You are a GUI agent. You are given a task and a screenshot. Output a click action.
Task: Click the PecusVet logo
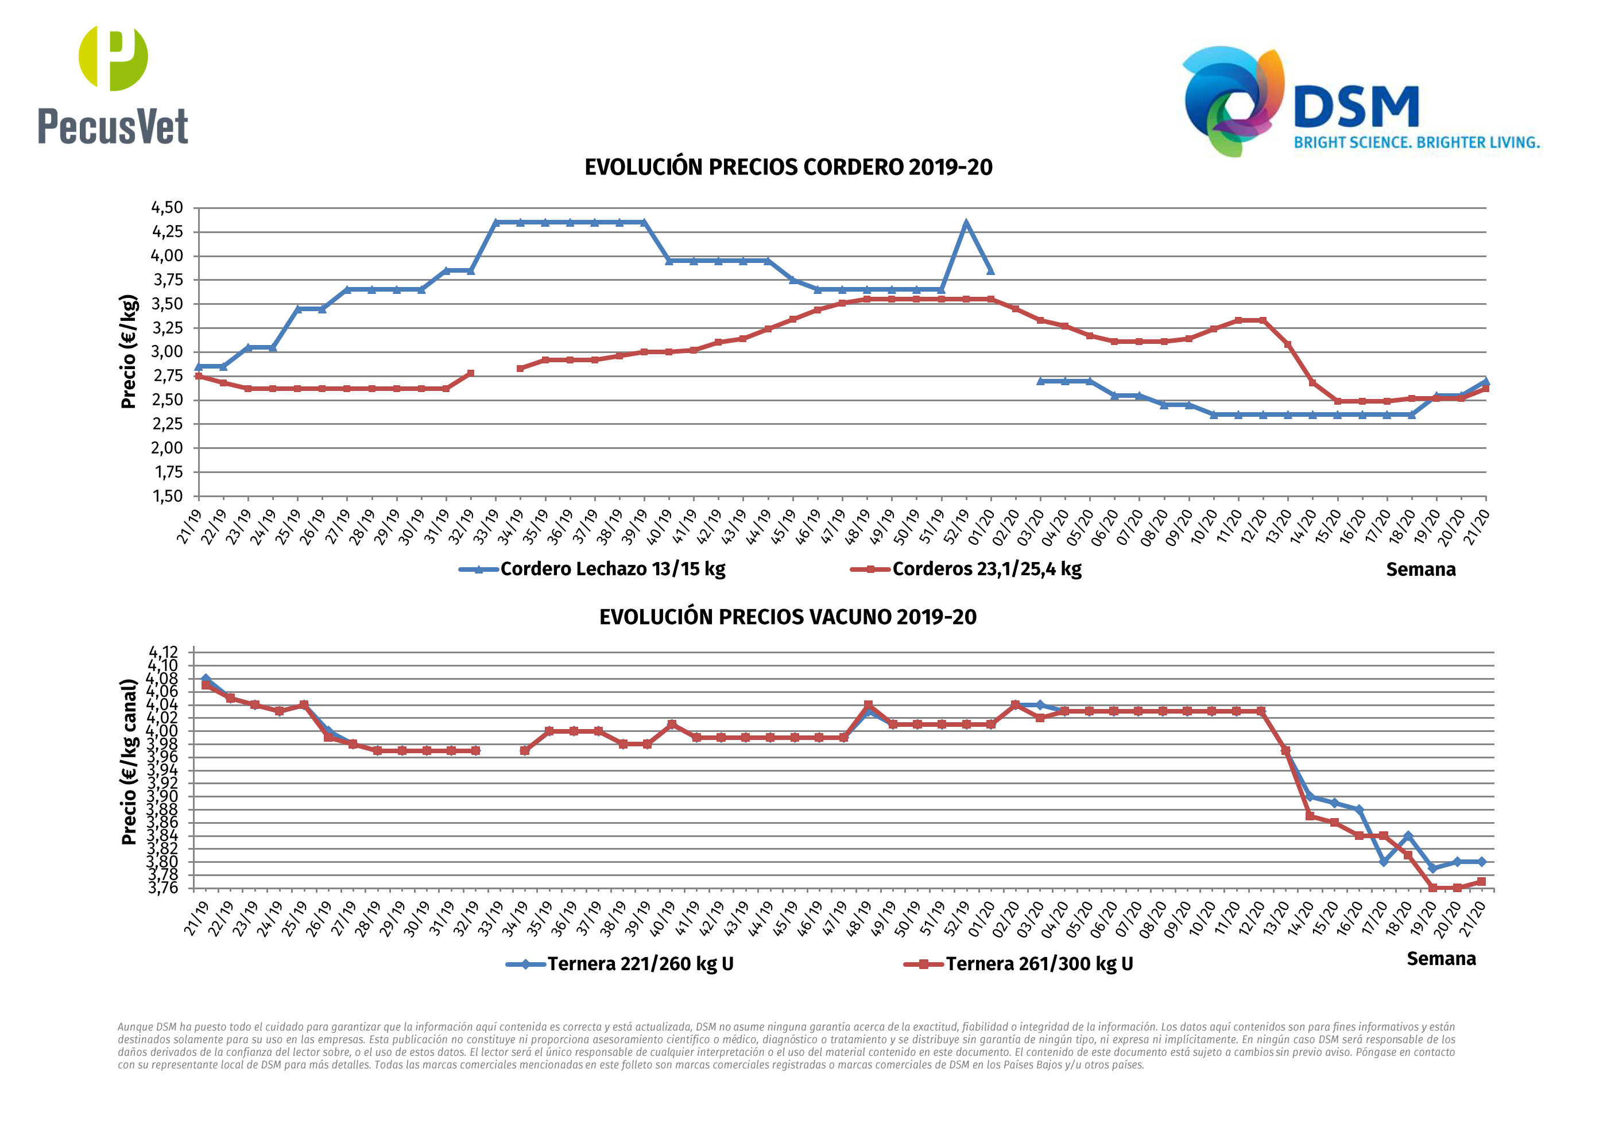[113, 86]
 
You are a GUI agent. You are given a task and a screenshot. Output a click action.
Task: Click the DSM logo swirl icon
[1233, 100]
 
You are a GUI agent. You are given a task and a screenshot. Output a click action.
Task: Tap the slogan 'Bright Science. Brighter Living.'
[1416, 142]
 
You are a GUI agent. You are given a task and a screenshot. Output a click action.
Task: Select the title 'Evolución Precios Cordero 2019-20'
[788, 168]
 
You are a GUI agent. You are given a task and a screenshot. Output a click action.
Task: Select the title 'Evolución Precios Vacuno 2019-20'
[787, 617]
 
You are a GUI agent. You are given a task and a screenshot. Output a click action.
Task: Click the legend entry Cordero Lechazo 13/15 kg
[612, 569]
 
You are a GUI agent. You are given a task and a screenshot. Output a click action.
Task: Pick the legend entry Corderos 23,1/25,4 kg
[986, 569]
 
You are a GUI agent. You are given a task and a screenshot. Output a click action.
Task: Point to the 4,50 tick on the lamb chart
[167, 208]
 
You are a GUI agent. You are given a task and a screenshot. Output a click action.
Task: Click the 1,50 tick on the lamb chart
[167, 496]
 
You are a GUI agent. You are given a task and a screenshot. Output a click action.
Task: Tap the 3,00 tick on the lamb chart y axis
[167, 352]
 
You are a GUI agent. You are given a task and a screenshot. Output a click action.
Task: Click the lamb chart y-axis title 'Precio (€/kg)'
[129, 351]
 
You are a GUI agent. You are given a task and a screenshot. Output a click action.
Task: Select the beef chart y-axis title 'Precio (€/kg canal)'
[129, 761]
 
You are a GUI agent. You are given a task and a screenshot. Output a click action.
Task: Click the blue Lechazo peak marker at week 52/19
[966, 224]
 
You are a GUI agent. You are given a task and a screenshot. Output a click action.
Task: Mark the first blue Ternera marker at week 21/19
[206, 679]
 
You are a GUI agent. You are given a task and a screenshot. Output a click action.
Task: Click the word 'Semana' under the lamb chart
[1420, 570]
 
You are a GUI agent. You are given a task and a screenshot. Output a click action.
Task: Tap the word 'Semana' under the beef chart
[1440, 959]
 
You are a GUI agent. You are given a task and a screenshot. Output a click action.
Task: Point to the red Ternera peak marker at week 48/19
[869, 704]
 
